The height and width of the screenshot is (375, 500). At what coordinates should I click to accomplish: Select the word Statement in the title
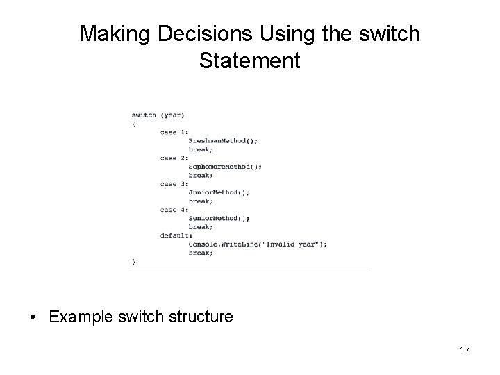point(249,60)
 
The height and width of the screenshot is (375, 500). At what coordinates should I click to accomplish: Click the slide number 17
point(464,350)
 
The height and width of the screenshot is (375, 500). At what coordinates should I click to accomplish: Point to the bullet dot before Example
point(33,317)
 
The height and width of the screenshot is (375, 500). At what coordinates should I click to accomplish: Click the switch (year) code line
point(158,115)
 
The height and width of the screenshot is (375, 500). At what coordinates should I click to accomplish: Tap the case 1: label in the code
point(174,132)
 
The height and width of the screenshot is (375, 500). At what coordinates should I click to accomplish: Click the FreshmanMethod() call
point(223,140)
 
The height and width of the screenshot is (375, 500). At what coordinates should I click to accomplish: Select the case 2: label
point(174,158)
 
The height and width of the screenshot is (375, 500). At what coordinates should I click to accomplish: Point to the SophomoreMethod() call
point(225,166)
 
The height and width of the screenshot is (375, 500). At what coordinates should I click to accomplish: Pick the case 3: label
point(174,183)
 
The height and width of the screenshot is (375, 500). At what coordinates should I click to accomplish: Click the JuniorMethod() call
point(219,192)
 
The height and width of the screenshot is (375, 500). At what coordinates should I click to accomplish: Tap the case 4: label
point(174,210)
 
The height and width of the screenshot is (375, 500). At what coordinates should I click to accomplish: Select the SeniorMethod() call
point(219,218)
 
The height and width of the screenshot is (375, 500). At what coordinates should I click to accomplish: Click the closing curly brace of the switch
point(133,261)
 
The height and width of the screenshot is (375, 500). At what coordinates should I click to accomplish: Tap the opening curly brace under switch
point(133,124)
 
